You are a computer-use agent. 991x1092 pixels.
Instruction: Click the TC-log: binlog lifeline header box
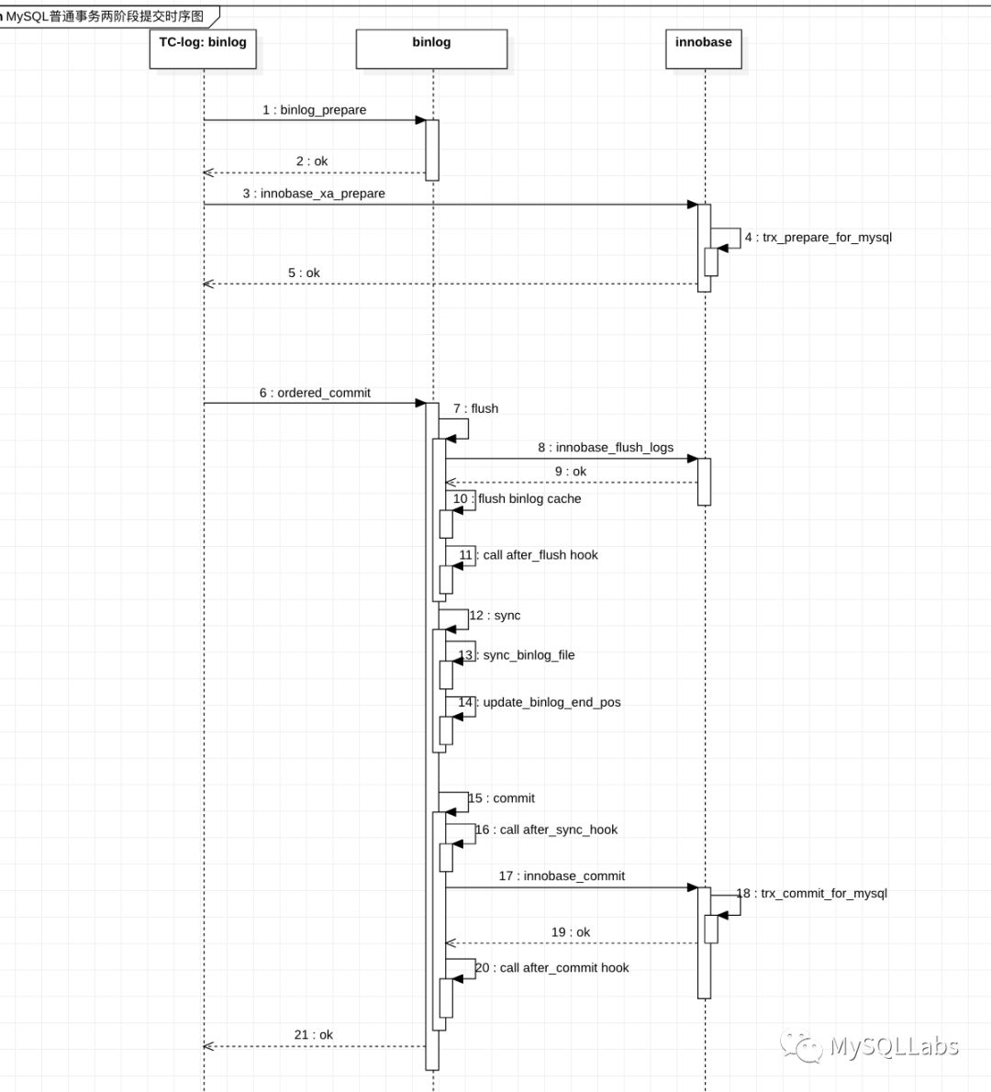tap(203, 49)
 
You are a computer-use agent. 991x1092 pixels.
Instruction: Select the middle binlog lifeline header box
tap(431, 49)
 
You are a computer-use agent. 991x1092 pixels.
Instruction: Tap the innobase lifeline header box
tap(703, 49)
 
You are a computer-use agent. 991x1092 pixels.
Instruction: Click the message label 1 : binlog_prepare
tap(314, 110)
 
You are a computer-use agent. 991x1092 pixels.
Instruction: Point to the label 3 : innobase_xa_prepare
tap(314, 194)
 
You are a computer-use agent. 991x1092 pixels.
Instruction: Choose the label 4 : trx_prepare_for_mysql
tap(818, 238)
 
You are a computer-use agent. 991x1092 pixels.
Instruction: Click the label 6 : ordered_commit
tap(315, 393)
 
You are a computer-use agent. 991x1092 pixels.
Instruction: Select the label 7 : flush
tap(475, 408)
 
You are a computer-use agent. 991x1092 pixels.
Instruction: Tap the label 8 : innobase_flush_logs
tap(606, 448)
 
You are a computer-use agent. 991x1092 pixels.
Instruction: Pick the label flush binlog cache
tap(529, 499)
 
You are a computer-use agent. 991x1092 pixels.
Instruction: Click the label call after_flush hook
tap(540, 555)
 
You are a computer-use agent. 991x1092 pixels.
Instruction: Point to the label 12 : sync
tap(495, 616)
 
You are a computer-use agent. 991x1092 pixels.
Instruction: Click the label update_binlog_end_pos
tap(551, 703)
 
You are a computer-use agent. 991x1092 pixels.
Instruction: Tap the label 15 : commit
tap(502, 798)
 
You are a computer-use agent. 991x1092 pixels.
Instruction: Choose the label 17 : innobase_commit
tap(562, 876)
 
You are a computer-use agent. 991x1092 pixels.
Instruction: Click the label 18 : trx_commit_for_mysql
tap(812, 893)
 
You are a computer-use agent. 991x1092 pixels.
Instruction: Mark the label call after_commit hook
tap(563, 968)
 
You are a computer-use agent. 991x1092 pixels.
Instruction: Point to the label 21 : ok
tap(314, 1035)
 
